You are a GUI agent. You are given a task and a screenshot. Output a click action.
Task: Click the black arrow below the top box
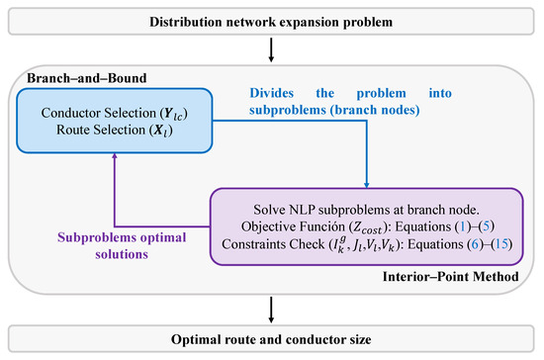pyautogui.click(x=272, y=48)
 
